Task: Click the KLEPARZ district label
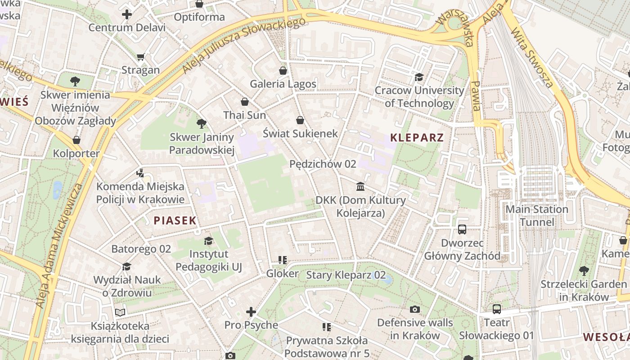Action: click(x=417, y=138)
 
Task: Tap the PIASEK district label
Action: click(x=175, y=220)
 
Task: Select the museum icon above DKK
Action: click(x=360, y=186)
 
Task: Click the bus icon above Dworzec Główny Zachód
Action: click(x=462, y=229)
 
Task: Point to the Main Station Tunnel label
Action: click(x=536, y=216)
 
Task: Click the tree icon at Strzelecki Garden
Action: click(x=584, y=271)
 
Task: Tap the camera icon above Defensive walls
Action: click(x=415, y=309)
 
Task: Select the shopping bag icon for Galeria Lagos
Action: click(x=283, y=71)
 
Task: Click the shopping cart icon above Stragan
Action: click(x=140, y=57)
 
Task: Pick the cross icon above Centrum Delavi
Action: click(x=127, y=14)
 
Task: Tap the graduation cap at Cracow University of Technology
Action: click(x=419, y=77)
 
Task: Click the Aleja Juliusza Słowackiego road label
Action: click(x=241, y=46)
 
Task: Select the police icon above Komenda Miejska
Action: click(x=140, y=173)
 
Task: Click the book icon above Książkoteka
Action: click(x=120, y=312)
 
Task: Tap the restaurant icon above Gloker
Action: click(x=283, y=260)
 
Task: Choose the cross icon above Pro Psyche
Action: click(x=251, y=311)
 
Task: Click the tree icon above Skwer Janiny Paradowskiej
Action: click(x=202, y=124)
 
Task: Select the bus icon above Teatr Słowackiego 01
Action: click(x=496, y=309)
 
